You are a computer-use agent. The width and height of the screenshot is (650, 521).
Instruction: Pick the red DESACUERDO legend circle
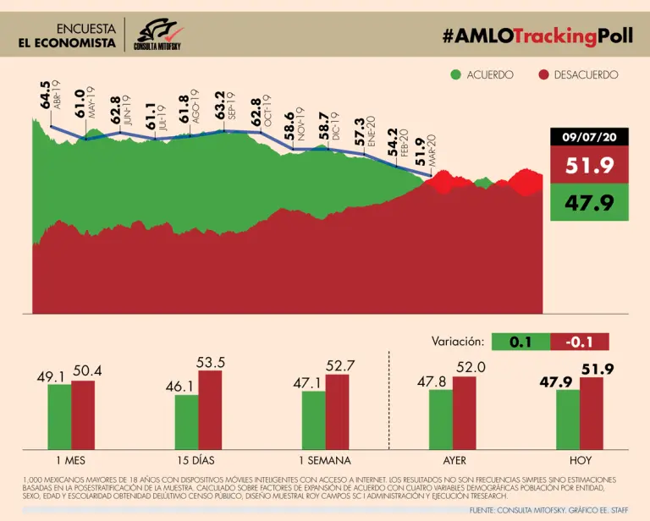click(544, 74)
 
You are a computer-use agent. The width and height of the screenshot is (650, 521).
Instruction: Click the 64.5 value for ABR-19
click(45, 101)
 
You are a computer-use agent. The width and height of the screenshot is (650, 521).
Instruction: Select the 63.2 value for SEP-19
click(219, 111)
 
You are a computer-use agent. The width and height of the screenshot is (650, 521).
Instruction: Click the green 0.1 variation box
click(520, 342)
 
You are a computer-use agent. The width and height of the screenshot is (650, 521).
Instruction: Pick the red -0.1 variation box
click(579, 342)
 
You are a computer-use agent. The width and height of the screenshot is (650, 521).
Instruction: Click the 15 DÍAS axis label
click(198, 461)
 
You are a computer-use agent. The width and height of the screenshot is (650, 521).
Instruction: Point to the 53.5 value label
click(210, 362)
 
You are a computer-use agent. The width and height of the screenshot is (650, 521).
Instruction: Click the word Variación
click(457, 342)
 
